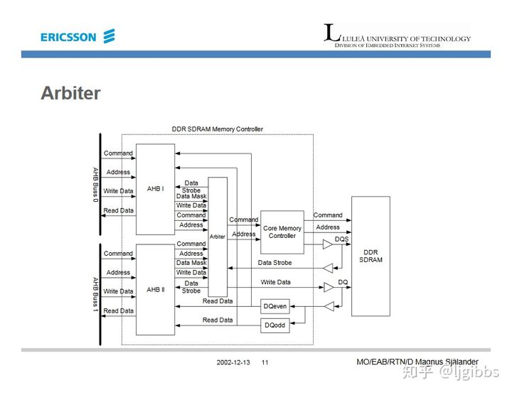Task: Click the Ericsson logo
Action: point(78,37)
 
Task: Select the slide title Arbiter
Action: point(70,93)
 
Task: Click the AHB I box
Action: point(155,189)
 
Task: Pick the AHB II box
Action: point(155,289)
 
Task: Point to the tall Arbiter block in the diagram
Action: point(218,237)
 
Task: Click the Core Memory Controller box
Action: point(282,232)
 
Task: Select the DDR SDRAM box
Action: point(371,256)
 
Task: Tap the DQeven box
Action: point(275,307)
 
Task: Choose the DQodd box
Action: point(275,325)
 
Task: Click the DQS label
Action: point(341,239)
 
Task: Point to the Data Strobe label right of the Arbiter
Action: point(274,263)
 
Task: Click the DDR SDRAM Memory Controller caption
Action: point(217,129)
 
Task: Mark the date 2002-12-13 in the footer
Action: point(233,362)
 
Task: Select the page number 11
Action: point(265,362)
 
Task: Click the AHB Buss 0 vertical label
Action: point(95,184)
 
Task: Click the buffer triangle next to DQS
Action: point(327,244)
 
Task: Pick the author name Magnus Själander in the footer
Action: point(447,362)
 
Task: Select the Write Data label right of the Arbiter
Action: point(275,282)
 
